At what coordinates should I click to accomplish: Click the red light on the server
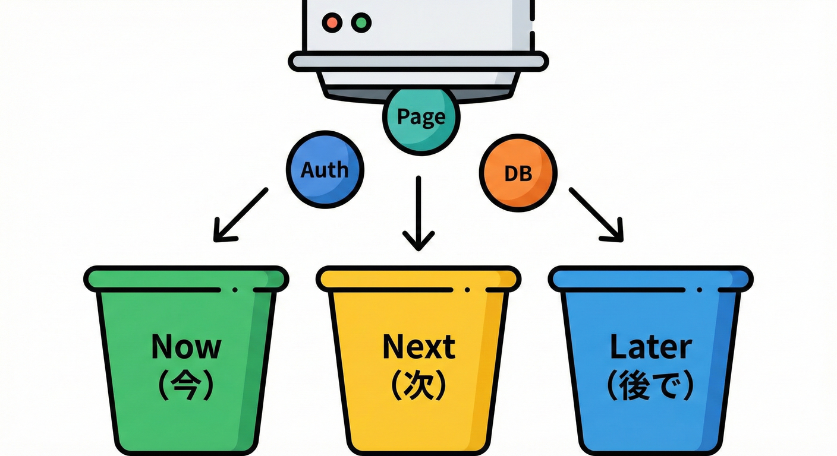[x=332, y=23]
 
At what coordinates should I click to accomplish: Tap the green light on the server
[x=361, y=23]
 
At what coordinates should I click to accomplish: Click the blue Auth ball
[x=325, y=169]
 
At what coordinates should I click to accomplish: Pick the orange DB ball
[x=518, y=172]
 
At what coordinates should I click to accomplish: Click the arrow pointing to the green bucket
[x=240, y=215]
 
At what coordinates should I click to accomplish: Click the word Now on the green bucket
[x=186, y=346]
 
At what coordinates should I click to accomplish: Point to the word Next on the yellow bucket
[x=418, y=346]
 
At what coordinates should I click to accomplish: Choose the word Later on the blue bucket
[x=650, y=346]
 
